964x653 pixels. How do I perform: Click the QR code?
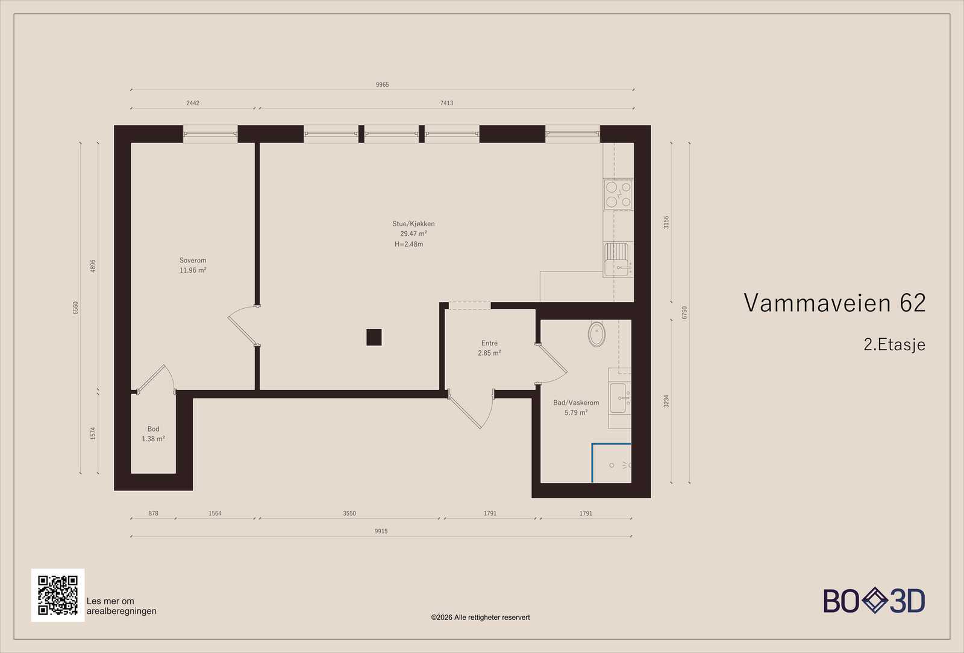point(58,595)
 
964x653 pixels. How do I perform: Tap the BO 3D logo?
point(874,600)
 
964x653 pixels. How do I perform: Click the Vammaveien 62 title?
point(834,303)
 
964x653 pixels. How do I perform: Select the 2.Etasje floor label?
point(894,344)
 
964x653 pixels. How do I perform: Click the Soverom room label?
point(193,261)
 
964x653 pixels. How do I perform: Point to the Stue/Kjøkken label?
point(413,224)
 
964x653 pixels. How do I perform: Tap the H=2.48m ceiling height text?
point(409,244)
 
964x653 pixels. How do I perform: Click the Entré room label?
point(489,343)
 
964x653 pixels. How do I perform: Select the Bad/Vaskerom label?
point(576,403)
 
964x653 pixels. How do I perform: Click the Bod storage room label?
point(153,429)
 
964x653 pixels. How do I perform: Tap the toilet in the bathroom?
point(596,333)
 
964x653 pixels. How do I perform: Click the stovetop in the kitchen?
point(618,195)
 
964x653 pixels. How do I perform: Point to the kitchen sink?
point(617,259)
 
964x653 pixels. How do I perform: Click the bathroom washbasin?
point(618,398)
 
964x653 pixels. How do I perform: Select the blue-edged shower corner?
point(611,463)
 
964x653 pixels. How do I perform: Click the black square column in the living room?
point(374,337)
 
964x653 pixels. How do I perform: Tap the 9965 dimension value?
point(382,85)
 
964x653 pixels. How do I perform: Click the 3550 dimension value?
point(349,513)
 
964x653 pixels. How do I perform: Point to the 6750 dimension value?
point(684,312)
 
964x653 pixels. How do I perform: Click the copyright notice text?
point(480,617)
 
